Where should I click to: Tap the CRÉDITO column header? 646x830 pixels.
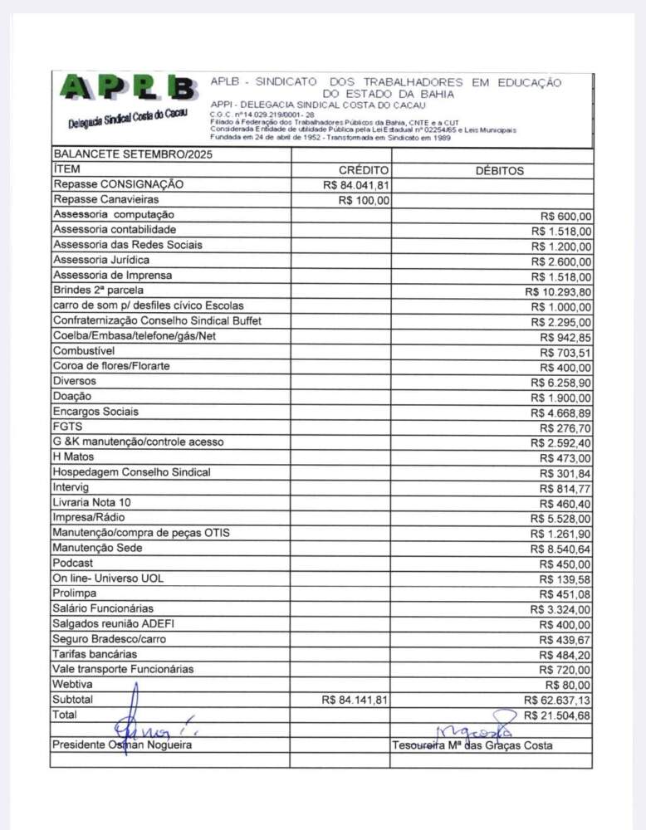pyautogui.click(x=364, y=170)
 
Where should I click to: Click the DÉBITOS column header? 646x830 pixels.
pyautogui.click(x=499, y=170)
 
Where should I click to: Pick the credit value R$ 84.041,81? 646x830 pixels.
pyautogui.click(x=356, y=185)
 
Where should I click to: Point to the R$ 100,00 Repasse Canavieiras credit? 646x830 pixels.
pyautogui.click(x=365, y=200)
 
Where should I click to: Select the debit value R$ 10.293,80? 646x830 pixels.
pyautogui.click(x=558, y=291)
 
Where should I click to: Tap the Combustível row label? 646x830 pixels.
pyautogui.click(x=89, y=351)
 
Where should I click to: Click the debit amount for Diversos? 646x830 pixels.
pyautogui.click(x=561, y=383)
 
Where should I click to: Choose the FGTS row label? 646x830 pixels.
pyautogui.click(x=68, y=427)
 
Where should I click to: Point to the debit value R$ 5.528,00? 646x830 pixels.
pyautogui.click(x=561, y=519)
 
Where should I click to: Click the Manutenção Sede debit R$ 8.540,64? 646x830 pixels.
pyautogui.click(x=561, y=549)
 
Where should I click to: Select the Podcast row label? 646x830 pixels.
pyautogui.click(x=73, y=564)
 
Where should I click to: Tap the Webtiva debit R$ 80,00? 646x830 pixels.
pyautogui.click(x=568, y=686)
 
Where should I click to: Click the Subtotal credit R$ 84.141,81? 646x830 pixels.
pyautogui.click(x=356, y=701)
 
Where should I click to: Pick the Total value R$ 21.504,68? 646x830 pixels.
pyautogui.click(x=558, y=715)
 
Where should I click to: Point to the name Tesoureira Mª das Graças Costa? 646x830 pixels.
pyautogui.click(x=472, y=745)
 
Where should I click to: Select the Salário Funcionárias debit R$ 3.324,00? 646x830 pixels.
pyautogui.click(x=561, y=610)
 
